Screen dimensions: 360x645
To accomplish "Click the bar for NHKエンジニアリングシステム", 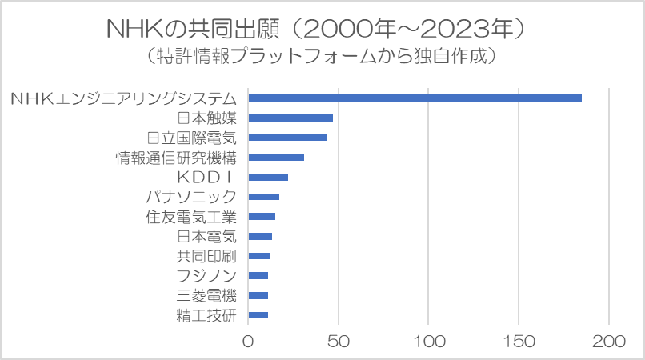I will (415, 98).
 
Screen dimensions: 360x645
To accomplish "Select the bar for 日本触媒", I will (290, 118).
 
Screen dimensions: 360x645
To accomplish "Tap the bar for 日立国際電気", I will (287, 138).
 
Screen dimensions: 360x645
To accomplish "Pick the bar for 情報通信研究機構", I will (276, 157).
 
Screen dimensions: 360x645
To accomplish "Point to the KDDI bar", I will (268, 177).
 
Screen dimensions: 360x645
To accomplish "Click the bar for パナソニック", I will (263, 197).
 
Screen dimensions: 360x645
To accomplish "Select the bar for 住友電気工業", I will (262, 216).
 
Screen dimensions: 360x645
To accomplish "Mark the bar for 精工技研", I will (258, 315).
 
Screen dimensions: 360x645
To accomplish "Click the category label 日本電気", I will (207, 236).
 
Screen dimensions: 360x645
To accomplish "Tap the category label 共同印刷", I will (207, 256).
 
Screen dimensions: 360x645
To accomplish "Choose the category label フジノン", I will (207, 276).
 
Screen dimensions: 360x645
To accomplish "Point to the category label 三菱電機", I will (207, 295).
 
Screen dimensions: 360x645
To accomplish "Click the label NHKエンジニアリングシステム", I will (124, 98).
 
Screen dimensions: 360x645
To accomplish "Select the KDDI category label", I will (206, 177).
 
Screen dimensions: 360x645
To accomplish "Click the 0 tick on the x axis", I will (248, 341).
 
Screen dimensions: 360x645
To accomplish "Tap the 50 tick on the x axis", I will (339, 341).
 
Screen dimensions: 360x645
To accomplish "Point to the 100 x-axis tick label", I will (429, 341).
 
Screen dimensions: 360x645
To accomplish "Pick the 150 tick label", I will (519, 341).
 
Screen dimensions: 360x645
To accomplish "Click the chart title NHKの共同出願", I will (316, 30).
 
